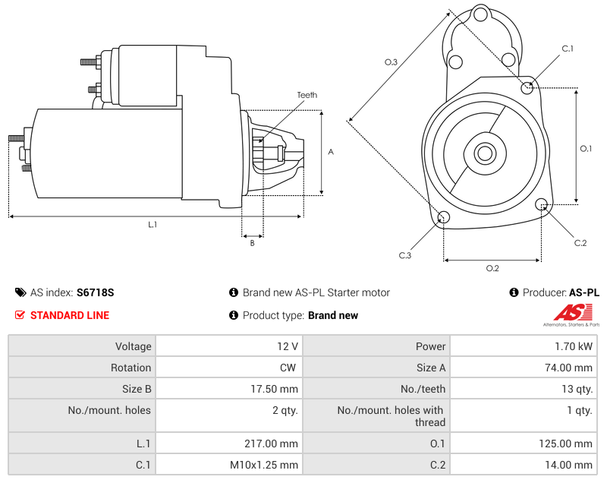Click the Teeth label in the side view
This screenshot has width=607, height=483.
[x=307, y=95]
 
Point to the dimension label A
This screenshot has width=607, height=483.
[x=330, y=152]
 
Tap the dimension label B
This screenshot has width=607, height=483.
[x=252, y=243]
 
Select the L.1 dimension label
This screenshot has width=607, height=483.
[x=153, y=224]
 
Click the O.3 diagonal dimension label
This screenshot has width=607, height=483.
[x=391, y=62]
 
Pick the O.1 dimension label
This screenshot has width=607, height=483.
[x=586, y=148]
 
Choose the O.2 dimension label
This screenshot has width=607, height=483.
[x=492, y=268]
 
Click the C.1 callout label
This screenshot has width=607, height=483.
[x=567, y=49]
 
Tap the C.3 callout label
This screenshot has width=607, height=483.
[x=405, y=255]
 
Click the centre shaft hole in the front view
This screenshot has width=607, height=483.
[x=484, y=153]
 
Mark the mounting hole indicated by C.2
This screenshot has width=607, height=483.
[x=542, y=204]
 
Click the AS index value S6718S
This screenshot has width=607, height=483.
[x=95, y=292]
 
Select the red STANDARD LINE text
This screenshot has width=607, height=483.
[x=70, y=315]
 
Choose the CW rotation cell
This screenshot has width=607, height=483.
[x=289, y=368]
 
